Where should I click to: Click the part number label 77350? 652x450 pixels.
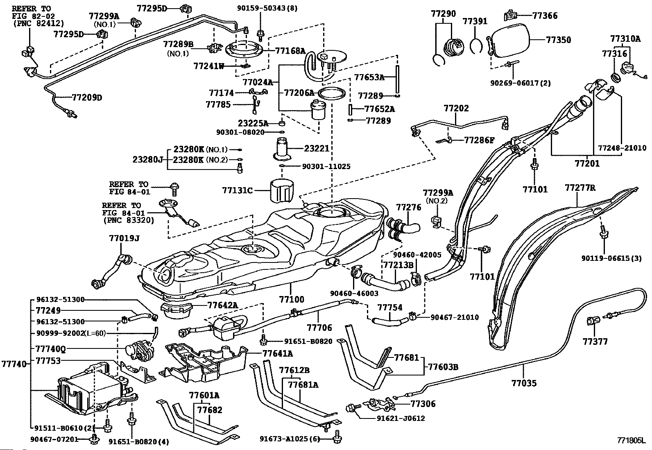tap(558, 40)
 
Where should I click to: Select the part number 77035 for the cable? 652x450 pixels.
tap(523, 383)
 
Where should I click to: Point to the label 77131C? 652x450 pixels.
tap(238, 190)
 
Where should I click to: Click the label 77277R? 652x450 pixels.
tap(580, 188)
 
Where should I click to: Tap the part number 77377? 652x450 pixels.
tap(595, 341)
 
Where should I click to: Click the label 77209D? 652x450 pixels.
tap(87, 97)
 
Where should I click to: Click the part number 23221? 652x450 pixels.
tap(317, 149)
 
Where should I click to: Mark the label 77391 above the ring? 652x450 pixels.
tap(475, 21)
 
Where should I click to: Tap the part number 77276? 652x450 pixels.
tap(408, 208)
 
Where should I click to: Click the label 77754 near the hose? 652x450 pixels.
tap(389, 307)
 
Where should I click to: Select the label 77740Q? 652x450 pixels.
tap(50, 349)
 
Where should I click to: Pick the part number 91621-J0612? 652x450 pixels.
tap(401, 418)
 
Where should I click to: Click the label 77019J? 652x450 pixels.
tap(124, 238)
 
